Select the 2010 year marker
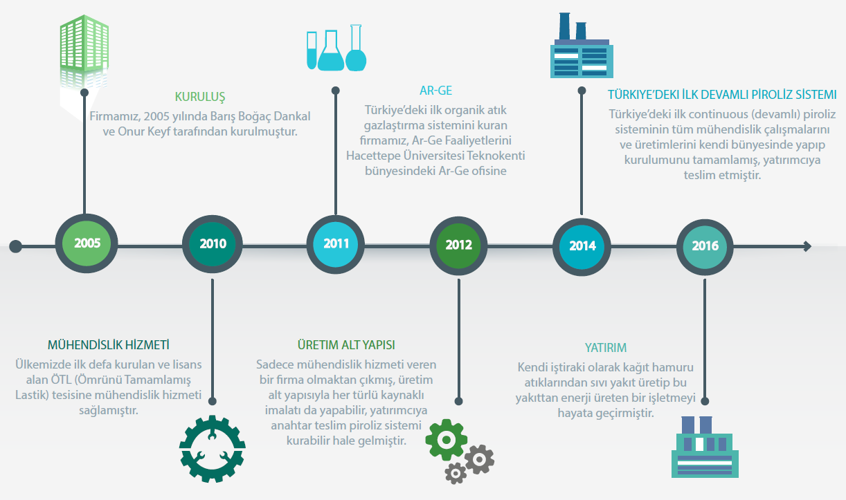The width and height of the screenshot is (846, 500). pyautogui.click(x=213, y=244)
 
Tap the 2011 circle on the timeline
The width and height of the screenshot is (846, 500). pyautogui.click(x=336, y=244)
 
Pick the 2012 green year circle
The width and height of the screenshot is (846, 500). pyautogui.click(x=458, y=245)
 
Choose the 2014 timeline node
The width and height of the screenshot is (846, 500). pyautogui.click(x=582, y=246)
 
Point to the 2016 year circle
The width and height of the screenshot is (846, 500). pyautogui.click(x=705, y=246)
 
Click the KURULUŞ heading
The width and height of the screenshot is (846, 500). pyautogui.click(x=200, y=96)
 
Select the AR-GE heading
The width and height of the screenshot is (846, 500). pyautogui.click(x=436, y=91)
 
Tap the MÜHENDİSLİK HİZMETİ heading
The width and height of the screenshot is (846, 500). pyautogui.click(x=109, y=344)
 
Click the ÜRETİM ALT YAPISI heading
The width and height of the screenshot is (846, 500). pyautogui.click(x=346, y=344)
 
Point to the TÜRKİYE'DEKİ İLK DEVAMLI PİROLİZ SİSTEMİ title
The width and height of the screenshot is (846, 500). pyautogui.click(x=722, y=94)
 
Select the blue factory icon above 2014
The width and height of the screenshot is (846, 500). pyautogui.click(x=580, y=50)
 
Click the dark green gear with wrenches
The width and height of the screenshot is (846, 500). pyautogui.click(x=213, y=449)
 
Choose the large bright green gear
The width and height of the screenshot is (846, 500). pyautogui.click(x=442, y=437)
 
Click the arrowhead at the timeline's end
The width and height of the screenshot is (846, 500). pyautogui.click(x=807, y=246)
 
